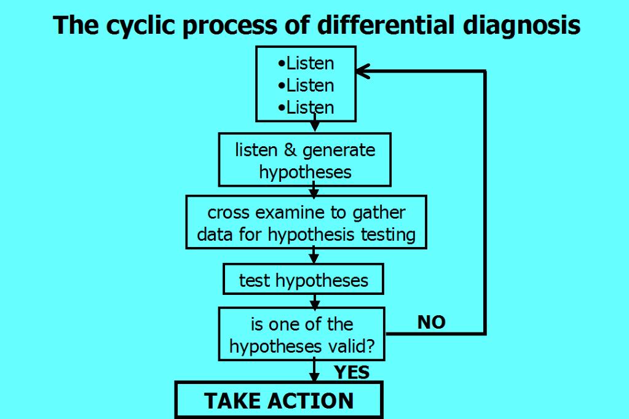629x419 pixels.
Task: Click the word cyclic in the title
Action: [x=140, y=26]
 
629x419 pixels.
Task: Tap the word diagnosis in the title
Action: [x=521, y=26]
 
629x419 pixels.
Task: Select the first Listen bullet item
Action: [x=306, y=63]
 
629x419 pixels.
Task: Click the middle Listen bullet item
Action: [x=306, y=85]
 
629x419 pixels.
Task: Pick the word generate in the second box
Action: [x=339, y=151]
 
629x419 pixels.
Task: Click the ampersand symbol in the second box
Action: [x=290, y=150]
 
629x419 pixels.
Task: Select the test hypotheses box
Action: [x=303, y=279]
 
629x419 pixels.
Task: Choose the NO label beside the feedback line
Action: [x=432, y=323]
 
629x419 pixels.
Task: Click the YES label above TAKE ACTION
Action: [x=352, y=372]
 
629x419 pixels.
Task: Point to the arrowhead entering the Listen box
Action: [x=363, y=71]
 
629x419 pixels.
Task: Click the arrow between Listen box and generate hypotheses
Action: [x=315, y=123]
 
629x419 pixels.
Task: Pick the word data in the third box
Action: [x=215, y=235]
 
